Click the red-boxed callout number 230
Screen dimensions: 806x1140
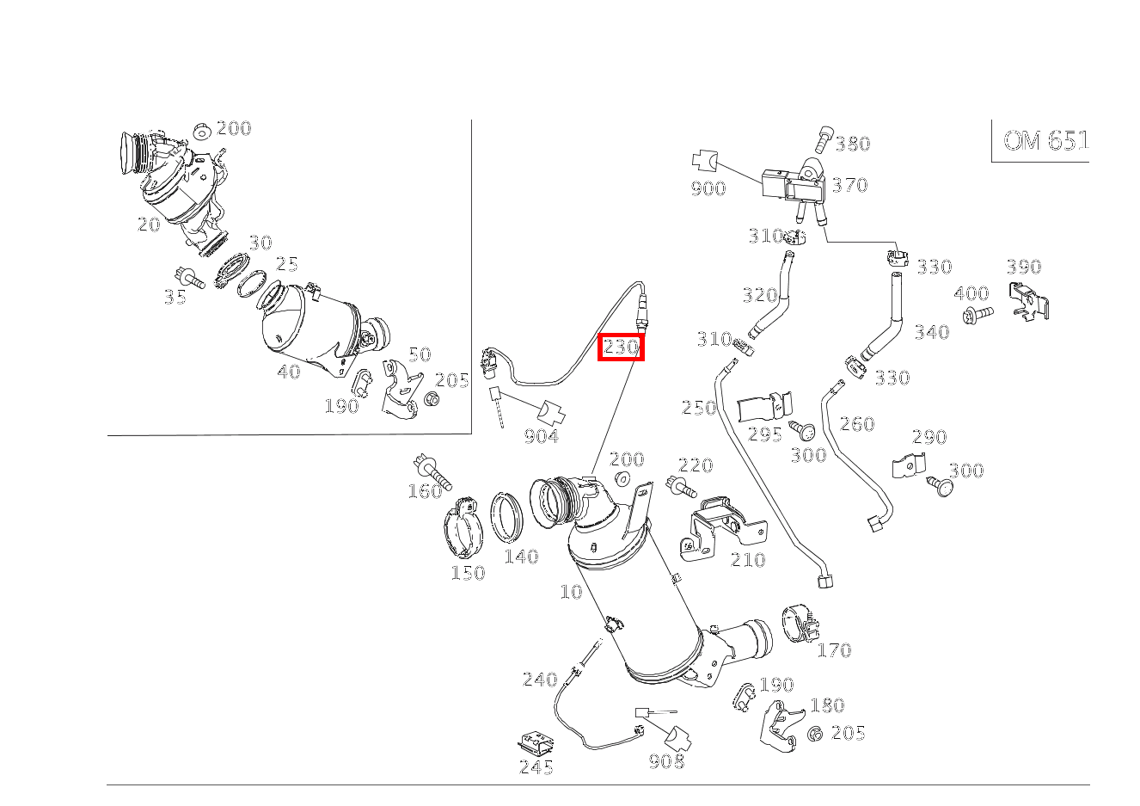click(621, 348)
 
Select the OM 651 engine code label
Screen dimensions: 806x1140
click(1045, 141)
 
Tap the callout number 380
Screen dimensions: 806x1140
click(852, 144)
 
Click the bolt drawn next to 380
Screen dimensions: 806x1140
click(821, 138)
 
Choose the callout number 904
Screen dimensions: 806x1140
click(541, 436)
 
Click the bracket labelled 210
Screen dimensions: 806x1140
click(717, 525)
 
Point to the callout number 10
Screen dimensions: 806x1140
click(571, 592)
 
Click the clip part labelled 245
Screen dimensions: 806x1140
click(535, 741)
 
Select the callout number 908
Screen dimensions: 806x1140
click(666, 761)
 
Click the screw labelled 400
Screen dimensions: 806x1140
click(978, 315)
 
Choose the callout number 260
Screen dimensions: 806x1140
click(856, 423)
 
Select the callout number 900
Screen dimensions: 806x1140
click(708, 188)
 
